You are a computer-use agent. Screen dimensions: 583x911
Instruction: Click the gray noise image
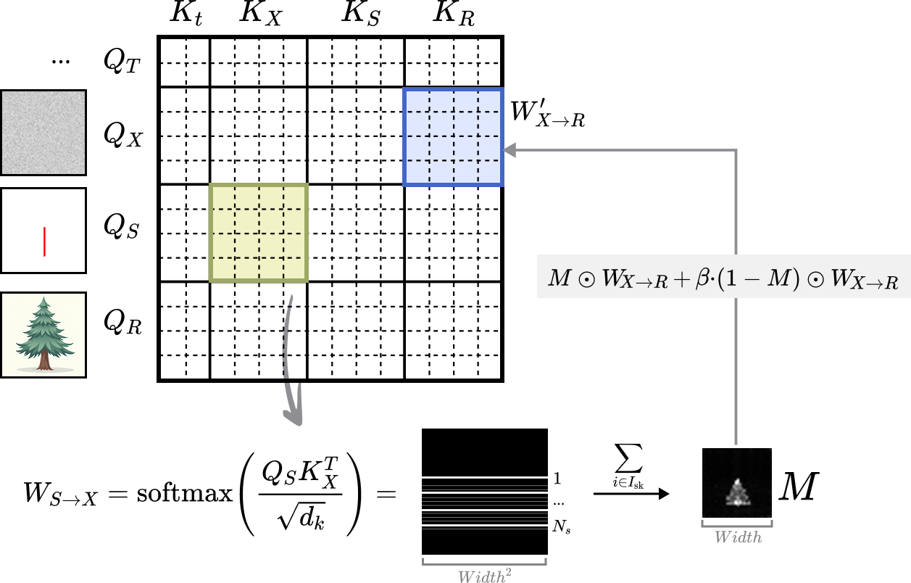[x=43, y=133]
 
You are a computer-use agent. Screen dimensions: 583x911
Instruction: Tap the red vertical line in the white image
[x=44, y=241]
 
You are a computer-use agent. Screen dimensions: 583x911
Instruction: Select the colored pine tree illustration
[x=43, y=335]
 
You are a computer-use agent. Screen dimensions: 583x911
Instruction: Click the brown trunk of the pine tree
[x=45, y=361]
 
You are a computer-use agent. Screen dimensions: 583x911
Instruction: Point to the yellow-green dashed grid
[x=259, y=233]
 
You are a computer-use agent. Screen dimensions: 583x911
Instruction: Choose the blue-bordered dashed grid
[x=453, y=137]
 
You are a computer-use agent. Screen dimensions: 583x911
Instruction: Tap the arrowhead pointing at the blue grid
[x=509, y=150]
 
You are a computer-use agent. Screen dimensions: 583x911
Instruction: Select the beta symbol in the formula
[x=702, y=279]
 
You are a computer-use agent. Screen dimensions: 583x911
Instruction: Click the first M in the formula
[x=559, y=278]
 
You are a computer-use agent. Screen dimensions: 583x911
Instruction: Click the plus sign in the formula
[x=681, y=279]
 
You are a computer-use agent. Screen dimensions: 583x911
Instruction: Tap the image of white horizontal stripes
[x=485, y=503]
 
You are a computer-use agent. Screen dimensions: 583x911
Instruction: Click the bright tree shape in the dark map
[x=738, y=493]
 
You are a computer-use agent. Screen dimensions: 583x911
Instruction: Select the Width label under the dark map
[x=738, y=537]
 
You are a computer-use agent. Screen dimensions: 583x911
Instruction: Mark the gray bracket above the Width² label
[x=484, y=562]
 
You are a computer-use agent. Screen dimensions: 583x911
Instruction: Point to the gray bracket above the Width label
[x=737, y=524]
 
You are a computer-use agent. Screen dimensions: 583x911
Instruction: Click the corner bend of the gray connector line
[x=736, y=151]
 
